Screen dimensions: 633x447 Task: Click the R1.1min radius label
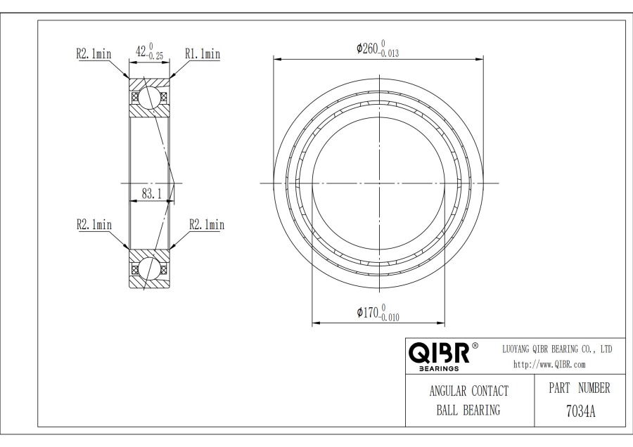pos(203,53)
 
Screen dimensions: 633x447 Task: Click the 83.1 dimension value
pos(151,194)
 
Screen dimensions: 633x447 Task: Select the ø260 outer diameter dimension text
pos(367,48)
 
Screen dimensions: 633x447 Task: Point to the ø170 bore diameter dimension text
pos(367,312)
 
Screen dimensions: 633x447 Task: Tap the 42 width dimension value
pos(141,51)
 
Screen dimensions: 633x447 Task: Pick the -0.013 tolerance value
pos(389,53)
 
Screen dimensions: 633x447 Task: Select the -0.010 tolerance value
pos(389,318)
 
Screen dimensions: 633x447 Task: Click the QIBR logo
pos(440,353)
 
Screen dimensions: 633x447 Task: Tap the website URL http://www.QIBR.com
pos(549,365)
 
